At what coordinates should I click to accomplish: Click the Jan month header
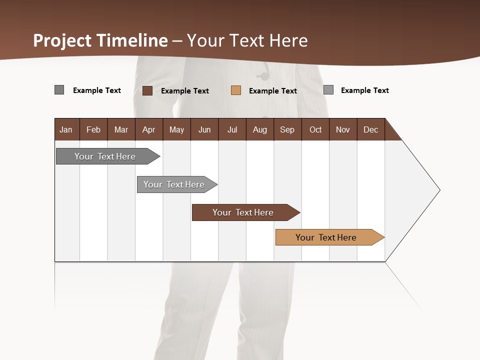[x=66, y=129]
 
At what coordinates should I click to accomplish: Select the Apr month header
[x=148, y=129]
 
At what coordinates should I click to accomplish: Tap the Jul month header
[x=232, y=129]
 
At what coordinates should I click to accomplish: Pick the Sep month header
[x=287, y=129]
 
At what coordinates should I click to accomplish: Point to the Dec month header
[x=370, y=129]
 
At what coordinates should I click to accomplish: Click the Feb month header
[x=93, y=129]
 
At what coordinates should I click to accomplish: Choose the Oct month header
[x=315, y=129]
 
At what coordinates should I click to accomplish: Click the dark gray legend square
[x=59, y=90]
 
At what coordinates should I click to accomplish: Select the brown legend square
[x=147, y=90]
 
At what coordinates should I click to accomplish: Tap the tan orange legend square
[x=236, y=90]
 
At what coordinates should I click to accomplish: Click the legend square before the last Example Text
[x=328, y=90]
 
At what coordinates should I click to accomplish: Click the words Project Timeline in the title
[x=100, y=40]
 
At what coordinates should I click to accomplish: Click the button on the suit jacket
[x=262, y=76]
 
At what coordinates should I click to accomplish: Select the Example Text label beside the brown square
[x=184, y=91]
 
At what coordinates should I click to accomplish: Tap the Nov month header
[x=342, y=129]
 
